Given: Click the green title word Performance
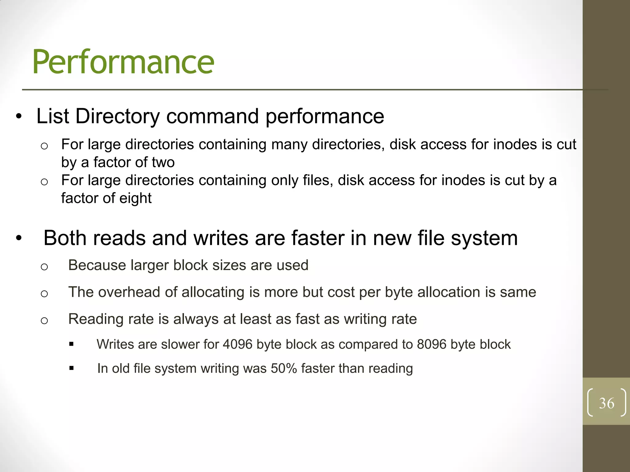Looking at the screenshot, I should [x=123, y=62].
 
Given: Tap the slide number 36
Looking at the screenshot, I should [x=606, y=403].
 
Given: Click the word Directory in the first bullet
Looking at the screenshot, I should [x=118, y=116].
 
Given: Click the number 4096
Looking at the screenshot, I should [x=237, y=344].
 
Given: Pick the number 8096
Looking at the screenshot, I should [x=432, y=344].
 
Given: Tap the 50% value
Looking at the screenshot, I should [x=284, y=368].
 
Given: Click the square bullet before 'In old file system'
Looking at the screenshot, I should [x=71, y=368].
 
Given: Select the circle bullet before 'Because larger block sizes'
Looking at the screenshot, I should [x=44, y=267].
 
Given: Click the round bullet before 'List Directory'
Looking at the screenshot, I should [x=19, y=117].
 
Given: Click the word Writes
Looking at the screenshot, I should [x=115, y=344].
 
